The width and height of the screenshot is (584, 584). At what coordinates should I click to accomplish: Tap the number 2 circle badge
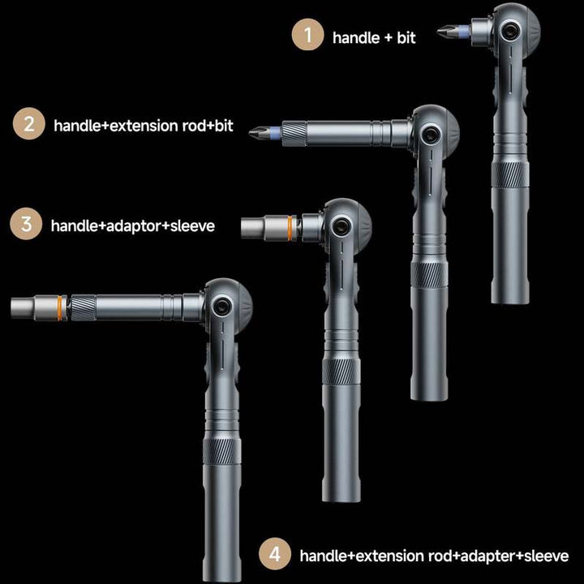pos(29,125)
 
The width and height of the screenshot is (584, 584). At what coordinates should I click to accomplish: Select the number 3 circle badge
pos(26,225)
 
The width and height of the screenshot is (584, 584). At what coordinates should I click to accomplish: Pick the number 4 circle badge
pos(275,555)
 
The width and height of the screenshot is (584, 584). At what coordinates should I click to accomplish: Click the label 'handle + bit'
pos(374,37)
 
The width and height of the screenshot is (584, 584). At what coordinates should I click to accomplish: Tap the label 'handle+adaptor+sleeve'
pos(133,225)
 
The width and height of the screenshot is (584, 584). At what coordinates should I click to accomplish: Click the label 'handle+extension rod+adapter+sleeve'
pos(434,556)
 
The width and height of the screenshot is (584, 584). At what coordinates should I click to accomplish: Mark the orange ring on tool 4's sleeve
pos(62,307)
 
